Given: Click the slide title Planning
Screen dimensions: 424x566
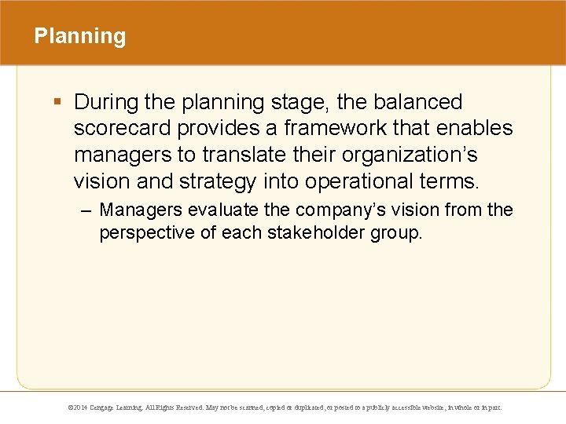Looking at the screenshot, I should (79, 37).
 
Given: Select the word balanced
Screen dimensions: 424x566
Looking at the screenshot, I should (417, 102).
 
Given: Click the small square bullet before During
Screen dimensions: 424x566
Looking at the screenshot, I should (58, 102).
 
